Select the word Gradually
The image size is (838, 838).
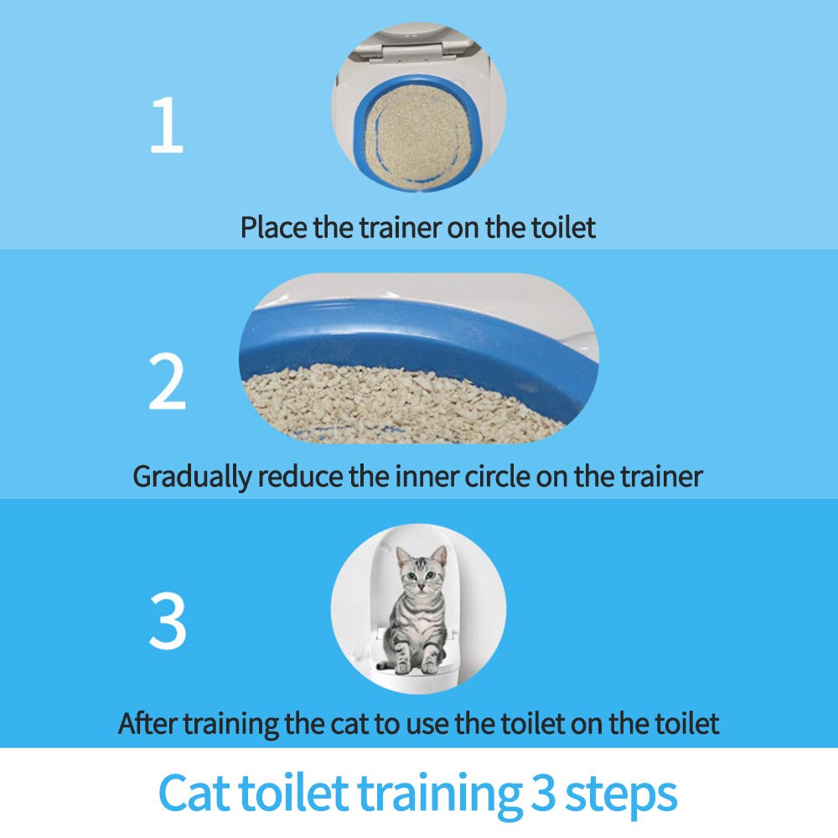point(192,477)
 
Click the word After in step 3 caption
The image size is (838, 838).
point(148,722)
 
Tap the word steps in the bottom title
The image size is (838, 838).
point(621,793)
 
